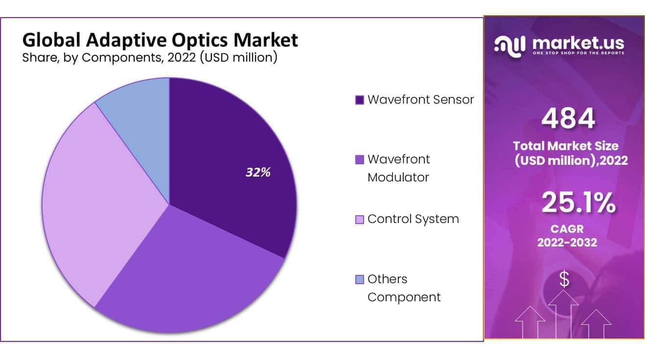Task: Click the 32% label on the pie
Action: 258,172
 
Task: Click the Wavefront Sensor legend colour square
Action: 360,100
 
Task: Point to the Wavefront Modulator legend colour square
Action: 360,159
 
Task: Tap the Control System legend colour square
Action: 360,220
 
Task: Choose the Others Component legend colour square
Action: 360,279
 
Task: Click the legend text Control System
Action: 413,219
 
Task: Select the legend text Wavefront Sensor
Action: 420,100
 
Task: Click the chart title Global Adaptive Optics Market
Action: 160,40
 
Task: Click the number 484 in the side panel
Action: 568,118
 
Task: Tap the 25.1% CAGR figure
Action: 578,203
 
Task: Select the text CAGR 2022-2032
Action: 567,235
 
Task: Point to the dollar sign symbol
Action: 564,279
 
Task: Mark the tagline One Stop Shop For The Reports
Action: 578,53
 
